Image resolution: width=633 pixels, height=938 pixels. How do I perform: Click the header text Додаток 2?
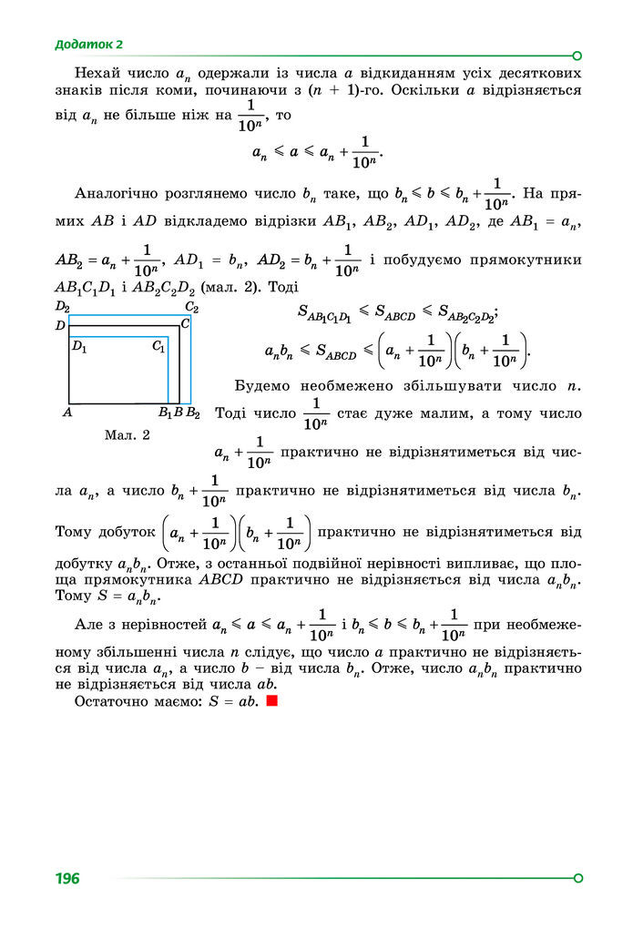88,44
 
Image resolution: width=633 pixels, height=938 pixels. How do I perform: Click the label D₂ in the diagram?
63,306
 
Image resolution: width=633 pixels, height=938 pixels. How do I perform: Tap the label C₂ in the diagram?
191,307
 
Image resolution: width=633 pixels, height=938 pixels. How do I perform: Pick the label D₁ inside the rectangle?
79,346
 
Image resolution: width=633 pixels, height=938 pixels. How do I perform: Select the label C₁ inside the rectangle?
158,346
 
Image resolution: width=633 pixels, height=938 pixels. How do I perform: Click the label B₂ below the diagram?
193,413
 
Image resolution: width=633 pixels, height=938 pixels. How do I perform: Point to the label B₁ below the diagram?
165,413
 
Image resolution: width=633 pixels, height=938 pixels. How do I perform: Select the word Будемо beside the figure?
263,385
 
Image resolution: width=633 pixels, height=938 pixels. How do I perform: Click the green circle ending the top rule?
577,55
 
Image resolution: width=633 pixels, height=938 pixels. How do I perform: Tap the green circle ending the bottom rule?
577,878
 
